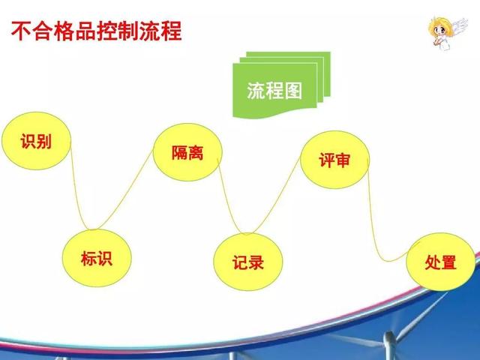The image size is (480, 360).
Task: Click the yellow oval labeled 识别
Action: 36,141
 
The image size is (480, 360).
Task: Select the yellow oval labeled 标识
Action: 97,258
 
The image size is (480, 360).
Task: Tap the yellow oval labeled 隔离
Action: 187,152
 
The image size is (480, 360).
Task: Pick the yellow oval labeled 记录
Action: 248,262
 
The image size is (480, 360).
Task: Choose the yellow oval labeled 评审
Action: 335,160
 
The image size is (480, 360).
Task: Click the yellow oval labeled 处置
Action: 441,262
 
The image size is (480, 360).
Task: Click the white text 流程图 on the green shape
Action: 274,91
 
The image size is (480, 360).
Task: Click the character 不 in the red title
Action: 21,31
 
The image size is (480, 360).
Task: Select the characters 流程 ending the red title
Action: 161,31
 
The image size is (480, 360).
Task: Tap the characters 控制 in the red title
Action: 118,31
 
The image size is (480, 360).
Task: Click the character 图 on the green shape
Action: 293,91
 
